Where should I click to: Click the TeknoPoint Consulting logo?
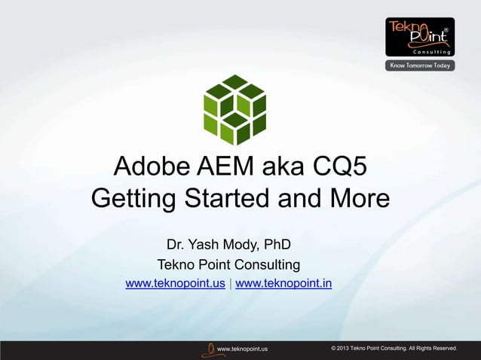pyautogui.click(x=420, y=36)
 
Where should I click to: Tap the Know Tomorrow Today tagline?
pyautogui.click(x=420, y=66)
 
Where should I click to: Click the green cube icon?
pyautogui.click(x=235, y=110)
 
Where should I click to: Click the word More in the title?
pyautogui.click(x=355, y=201)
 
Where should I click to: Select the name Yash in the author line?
pyautogui.click(x=206, y=246)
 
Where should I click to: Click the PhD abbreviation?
pyautogui.click(x=275, y=246)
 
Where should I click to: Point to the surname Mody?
pyautogui.click(x=241, y=246)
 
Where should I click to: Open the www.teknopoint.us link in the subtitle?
pyautogui.click(x=175, y=284)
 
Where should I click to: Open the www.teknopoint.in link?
pyautogui.click(x=283, y=284)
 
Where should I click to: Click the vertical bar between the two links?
pyautogui.click(x=230, y=284)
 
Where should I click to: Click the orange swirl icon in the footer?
pyautogui.click(x=207, y=348)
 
